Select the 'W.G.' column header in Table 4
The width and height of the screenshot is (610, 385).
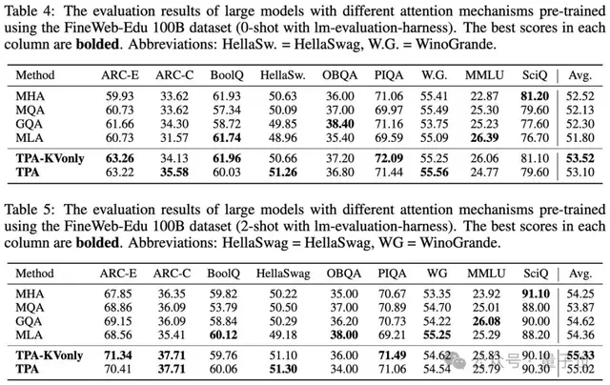432,73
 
